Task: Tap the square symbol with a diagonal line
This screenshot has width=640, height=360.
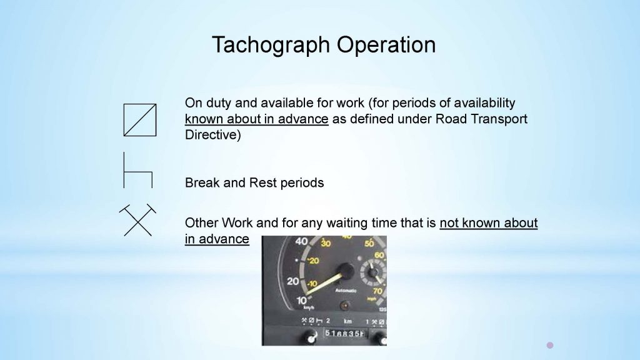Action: [x=139, y=119]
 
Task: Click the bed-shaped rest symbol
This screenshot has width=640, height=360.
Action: [x=137, y=170]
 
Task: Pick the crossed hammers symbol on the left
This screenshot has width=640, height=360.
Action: [x=137, y=219]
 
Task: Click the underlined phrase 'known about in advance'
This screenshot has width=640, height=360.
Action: [x=256, y=119]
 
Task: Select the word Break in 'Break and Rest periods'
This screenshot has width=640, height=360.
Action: [x=199, y=183]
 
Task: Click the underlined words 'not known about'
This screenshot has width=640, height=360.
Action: [x=488, y=223]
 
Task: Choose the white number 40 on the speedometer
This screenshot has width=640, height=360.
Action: [x=301, y=241]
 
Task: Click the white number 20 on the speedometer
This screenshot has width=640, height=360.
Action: [x=292, y=281]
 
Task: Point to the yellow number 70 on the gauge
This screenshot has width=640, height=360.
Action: [x=377, y=291]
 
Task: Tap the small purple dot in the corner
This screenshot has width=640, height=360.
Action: [x=550, y=344]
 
